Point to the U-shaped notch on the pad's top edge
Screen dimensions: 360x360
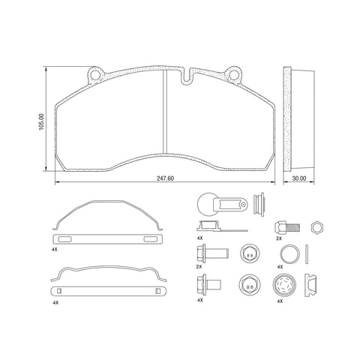[x=187, y=77]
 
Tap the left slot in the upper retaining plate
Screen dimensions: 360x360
[x=65, y=239]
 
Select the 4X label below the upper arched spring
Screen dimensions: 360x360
[x=55, y=248]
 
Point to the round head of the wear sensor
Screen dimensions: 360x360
[x=207, y=203]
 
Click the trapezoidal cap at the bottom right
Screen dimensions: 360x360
[x=314, y=286]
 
